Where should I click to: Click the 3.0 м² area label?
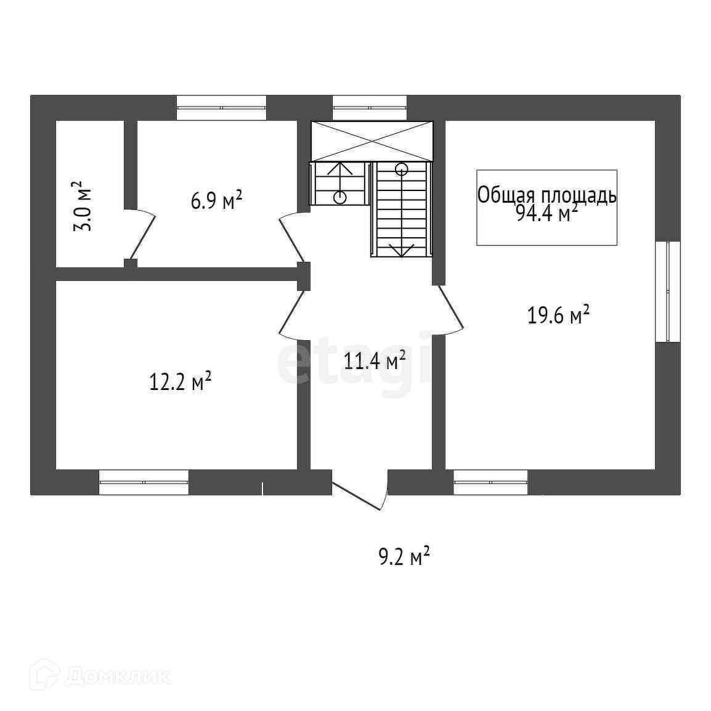point(81,206)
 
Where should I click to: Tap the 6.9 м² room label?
point(216,200)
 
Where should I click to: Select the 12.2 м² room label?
point(181,381)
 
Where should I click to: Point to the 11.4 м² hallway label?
point(375,360)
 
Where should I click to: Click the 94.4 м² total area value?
point(546,214)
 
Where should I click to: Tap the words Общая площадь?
point(546,195)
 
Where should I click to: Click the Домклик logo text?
point(117,676)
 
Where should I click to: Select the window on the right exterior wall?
point(667,291)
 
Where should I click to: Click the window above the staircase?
point(370,108)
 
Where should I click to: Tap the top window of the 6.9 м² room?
point(221,108)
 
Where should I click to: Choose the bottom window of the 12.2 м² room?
point(144,482)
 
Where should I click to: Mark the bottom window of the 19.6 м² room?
point(490,482)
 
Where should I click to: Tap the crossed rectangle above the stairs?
point(372,141)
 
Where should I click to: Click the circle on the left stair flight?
point(339,197)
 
